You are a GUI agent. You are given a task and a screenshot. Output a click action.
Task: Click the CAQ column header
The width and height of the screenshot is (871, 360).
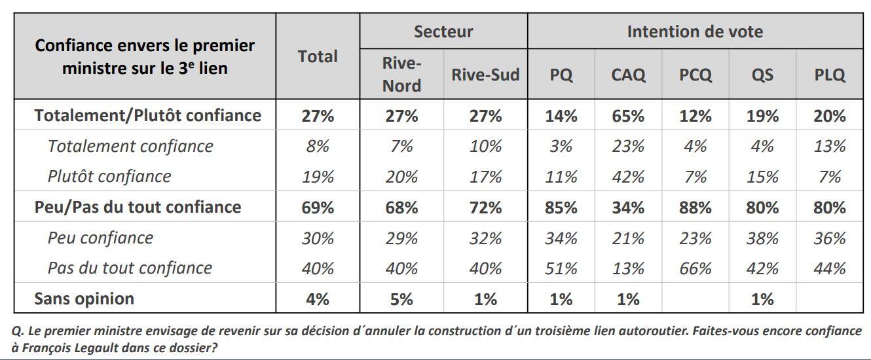pos(627,75)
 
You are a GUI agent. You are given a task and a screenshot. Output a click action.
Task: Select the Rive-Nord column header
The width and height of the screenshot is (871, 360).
pos(401,75)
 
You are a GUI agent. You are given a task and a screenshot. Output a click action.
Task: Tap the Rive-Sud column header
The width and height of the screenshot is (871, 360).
pos(485,75)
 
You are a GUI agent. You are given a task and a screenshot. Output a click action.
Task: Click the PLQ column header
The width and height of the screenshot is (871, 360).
pos(829,75)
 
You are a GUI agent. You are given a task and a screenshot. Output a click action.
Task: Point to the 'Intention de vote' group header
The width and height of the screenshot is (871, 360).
pos(694,31)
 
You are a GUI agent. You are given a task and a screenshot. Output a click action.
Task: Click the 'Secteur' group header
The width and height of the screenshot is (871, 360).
pos(443,31)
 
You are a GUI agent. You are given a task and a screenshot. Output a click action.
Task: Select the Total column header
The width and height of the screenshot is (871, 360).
pos(318,57)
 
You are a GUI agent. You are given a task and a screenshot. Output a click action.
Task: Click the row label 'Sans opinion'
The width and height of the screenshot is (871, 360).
pos(84,298)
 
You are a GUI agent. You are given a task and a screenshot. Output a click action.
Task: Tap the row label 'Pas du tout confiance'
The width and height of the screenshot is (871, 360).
pos(130,268)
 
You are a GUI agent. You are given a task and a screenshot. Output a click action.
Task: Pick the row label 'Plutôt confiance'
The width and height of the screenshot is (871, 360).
pos(109,177)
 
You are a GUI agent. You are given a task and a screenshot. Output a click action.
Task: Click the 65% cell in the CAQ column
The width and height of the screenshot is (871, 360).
pos(627,116)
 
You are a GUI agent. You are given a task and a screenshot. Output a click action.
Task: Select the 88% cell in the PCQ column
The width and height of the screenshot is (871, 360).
pos(695,207)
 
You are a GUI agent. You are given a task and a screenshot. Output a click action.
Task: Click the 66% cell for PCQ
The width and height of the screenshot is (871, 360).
pos(695,268)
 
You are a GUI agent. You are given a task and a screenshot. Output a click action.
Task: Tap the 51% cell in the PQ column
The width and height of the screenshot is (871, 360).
pos(561,268)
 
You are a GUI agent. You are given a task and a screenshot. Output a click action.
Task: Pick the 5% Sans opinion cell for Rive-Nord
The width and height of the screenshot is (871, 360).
pos(401,299)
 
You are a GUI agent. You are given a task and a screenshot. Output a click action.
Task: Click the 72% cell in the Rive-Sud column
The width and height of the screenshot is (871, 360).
pos(485,207)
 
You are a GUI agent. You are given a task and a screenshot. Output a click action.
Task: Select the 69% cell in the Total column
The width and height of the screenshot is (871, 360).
pos(318,207)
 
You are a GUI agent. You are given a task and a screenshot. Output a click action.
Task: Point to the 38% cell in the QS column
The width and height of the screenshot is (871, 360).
pos(762,238)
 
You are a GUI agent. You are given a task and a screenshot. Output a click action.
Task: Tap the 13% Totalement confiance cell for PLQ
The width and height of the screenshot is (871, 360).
pos(829,147)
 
